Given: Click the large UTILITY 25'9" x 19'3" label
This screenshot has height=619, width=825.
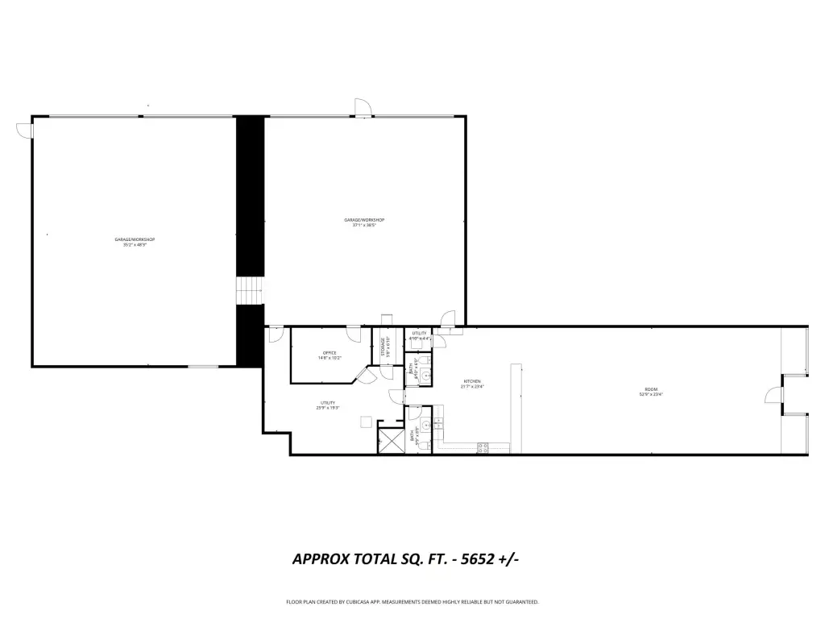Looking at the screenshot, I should (328, 405).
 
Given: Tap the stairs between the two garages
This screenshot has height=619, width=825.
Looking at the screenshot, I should (250, 291).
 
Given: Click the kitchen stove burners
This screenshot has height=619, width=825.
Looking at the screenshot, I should (483, 447).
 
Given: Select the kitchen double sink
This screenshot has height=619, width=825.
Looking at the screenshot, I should (439, 422).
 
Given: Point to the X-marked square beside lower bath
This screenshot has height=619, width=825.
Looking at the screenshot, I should (391, 441).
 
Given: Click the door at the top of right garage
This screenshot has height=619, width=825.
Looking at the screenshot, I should (363, 108).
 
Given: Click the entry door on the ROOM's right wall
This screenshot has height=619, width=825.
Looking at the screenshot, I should (772, 394).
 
